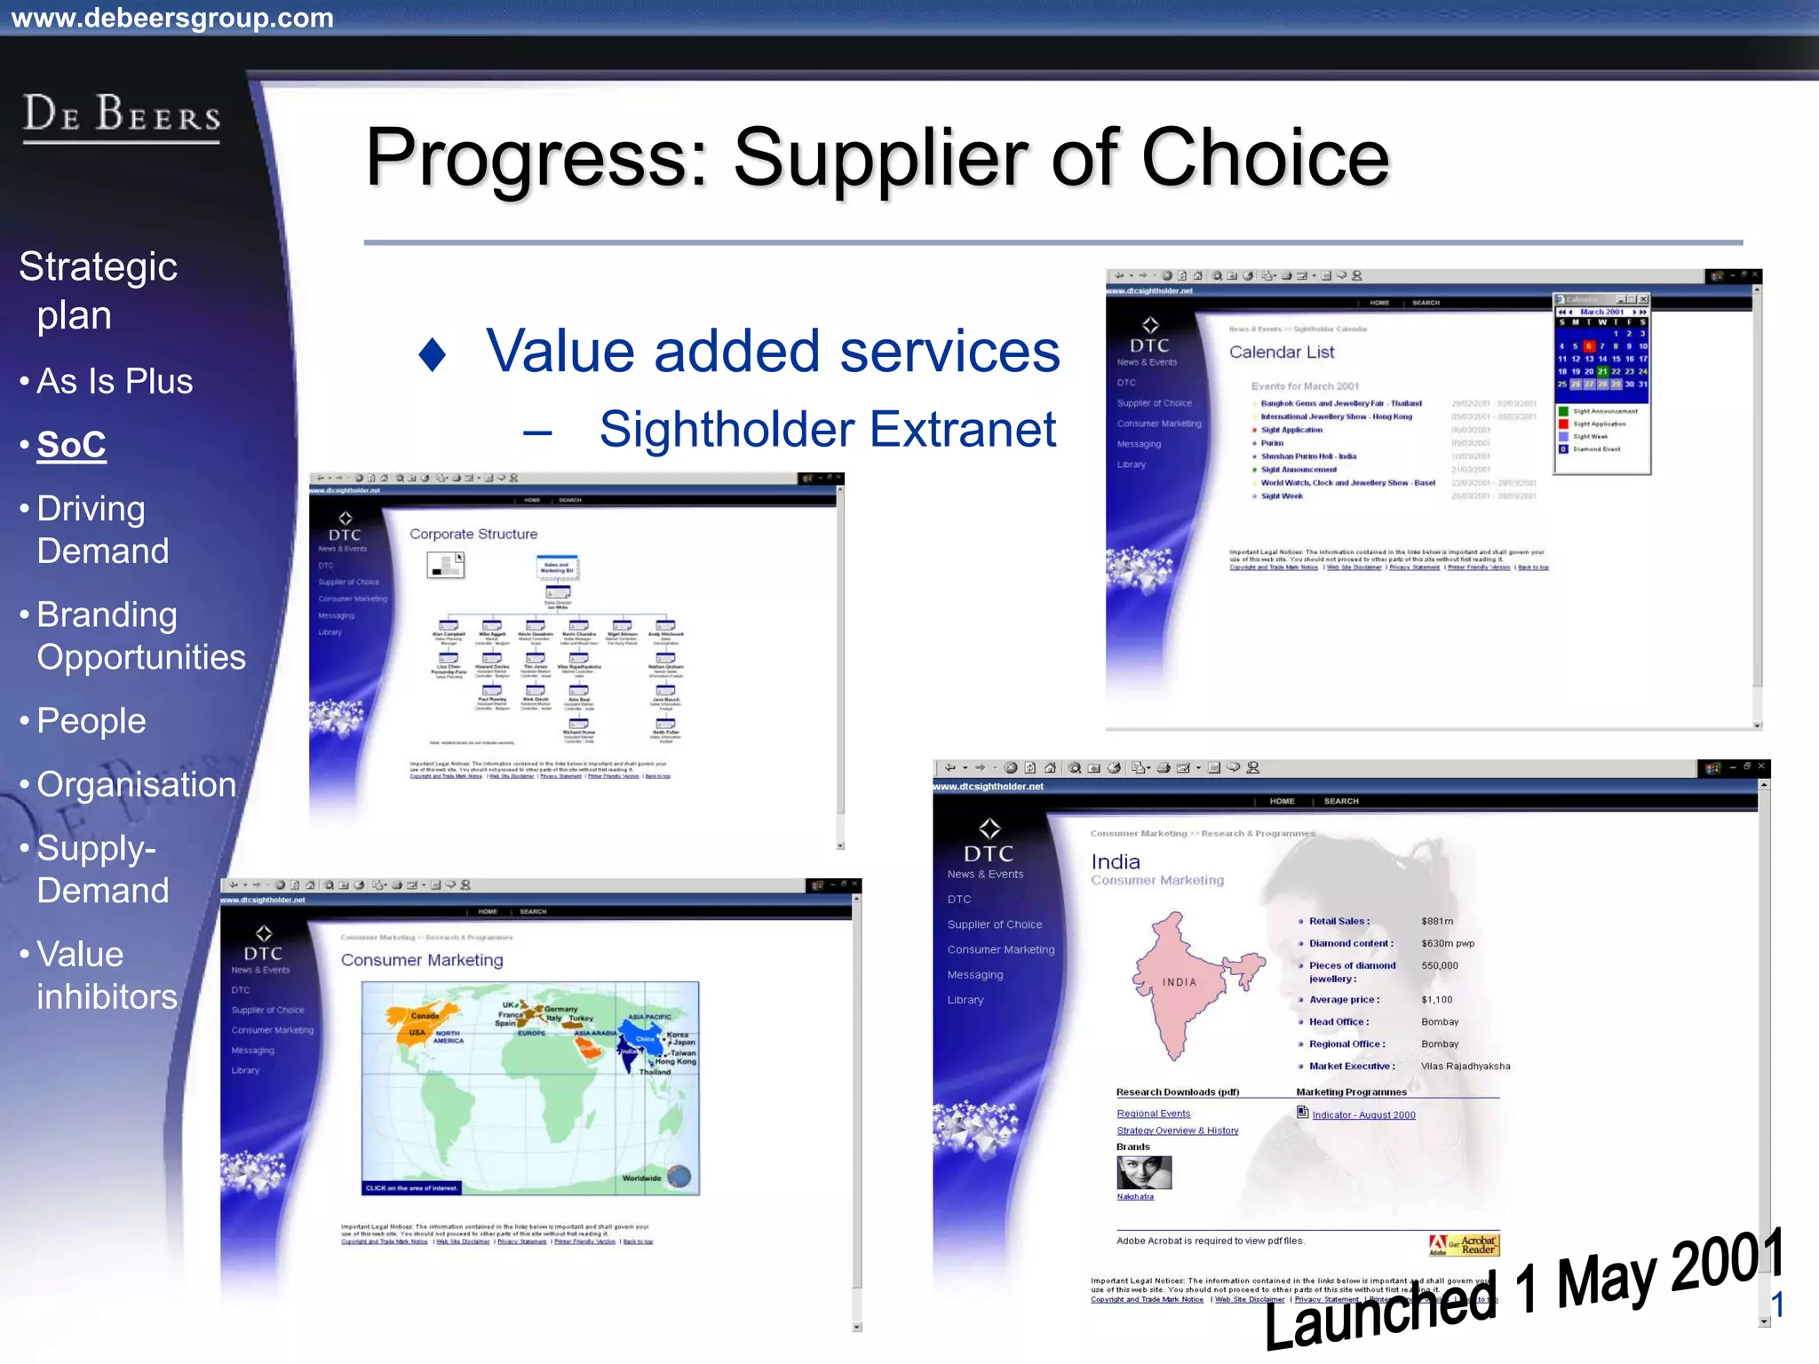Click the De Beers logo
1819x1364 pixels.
point(122,116)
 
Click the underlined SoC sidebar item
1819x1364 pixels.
point(71,445)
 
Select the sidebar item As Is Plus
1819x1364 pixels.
point(115,381)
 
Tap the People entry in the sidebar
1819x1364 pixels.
point(91,721)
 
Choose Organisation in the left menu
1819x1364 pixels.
point(136,785)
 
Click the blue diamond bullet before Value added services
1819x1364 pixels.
point(433,354)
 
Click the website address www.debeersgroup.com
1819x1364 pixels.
point(172,17)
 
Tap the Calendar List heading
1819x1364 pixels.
point(1281,353)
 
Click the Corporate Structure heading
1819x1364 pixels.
point(473,535)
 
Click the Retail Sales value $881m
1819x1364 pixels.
point(1437,922)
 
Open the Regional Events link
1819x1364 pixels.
point(1153,1114)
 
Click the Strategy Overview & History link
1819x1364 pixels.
point(1177,1130)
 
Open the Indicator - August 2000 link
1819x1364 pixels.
point(1363,1115)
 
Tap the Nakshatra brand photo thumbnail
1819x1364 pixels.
point(1144,1172)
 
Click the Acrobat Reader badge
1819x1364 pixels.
point(1464,1245)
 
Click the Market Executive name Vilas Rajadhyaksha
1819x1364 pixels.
point(1466,1067)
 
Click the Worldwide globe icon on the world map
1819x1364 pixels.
point(679,1177)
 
